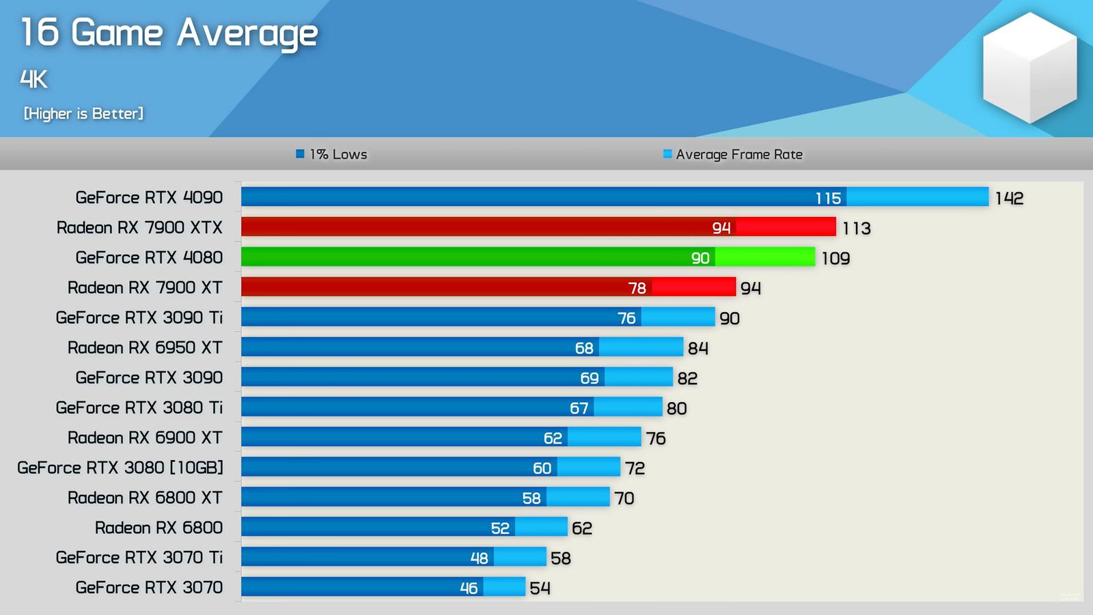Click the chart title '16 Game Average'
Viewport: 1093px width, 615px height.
[x=169, y=33]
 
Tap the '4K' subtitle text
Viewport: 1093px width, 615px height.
[x=33, y=79]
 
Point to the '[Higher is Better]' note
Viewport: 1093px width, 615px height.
[x=83, y=113]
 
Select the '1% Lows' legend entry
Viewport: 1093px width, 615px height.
[x=332, y=154]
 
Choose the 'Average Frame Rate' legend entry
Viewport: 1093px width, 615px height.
[x=733, y=154]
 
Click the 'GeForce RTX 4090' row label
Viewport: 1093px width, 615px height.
[x=149, y=197]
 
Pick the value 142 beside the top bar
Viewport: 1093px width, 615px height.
[x=1009, y=198]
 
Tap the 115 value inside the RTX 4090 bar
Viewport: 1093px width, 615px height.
[x=828, y=198]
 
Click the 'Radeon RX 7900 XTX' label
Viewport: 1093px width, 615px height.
[x=139, y=227]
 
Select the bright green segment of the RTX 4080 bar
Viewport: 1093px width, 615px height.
[x=765, y=257]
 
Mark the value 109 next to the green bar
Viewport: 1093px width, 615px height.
[x=835, y=258]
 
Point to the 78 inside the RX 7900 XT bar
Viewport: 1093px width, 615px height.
[x=637, y=288]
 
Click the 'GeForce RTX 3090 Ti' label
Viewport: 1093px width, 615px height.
[x=139, y=317]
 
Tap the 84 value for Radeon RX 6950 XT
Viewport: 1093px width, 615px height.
[x=697, y=348]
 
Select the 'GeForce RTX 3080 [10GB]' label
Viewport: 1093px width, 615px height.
[x=120, y=468]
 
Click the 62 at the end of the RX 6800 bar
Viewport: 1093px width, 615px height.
[x=582, y=528]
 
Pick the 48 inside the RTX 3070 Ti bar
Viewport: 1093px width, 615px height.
[x=479, y=558]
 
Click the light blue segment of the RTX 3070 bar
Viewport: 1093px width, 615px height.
[x=504, y=587]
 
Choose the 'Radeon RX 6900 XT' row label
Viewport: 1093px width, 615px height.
[x=145, y=438]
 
